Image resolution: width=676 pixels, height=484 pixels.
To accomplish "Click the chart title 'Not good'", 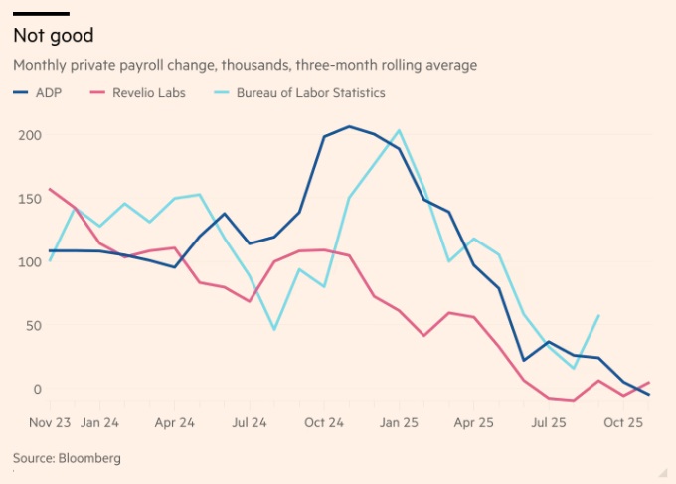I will click(53, 36).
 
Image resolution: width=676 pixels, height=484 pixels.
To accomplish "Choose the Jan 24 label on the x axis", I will click(99, 422).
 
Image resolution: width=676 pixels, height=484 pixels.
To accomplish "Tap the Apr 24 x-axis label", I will click(174, 422).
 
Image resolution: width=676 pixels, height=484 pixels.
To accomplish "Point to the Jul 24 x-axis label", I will click(249, 422).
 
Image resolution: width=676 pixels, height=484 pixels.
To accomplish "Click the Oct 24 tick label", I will click(324, 422).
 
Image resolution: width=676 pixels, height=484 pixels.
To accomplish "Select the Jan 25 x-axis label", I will click(399, 422).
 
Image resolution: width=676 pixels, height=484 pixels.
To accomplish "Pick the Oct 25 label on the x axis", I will click(624, 422).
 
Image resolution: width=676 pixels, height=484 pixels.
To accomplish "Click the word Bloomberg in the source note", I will click(88, 458).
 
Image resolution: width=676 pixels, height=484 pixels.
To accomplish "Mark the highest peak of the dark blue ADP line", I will click(349, 126).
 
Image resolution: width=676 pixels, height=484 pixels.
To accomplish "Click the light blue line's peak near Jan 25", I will click(399, 130).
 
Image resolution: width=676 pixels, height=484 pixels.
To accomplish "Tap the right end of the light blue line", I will click(599, 315).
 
